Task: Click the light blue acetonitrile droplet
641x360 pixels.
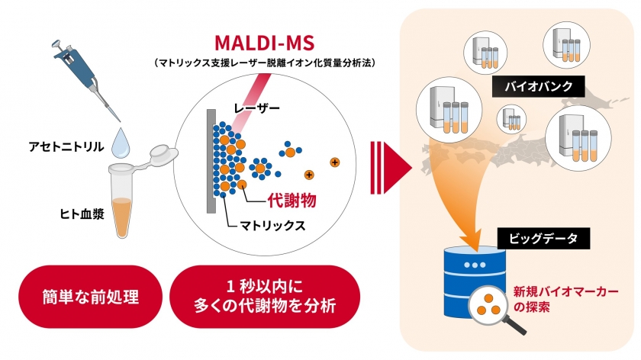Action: click(122, 140)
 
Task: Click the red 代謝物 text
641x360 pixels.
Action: click(291, 200)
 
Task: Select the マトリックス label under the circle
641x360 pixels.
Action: click(273, 226)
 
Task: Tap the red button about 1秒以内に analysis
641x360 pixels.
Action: click(265, 297)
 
